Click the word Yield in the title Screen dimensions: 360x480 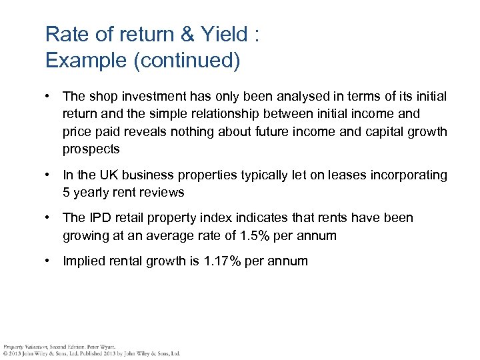pos(222,34)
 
